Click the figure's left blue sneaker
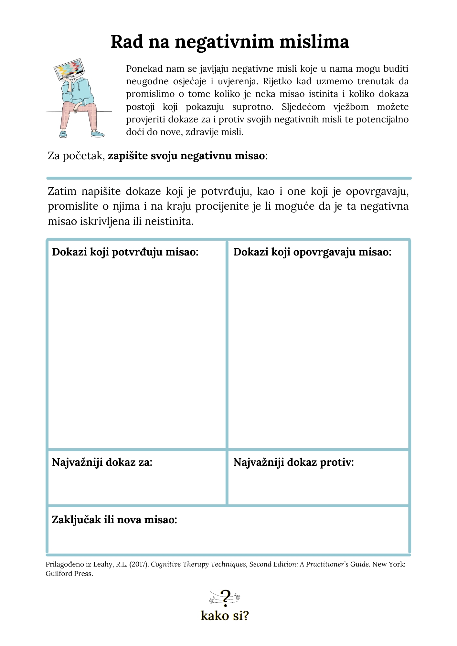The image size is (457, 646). click(x=63, y=134)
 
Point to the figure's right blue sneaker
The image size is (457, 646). click(x=98, y=133)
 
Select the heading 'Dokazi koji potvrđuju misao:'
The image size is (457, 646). click(x=125, y=252)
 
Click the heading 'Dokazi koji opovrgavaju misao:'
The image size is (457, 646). click(x=312, y=252)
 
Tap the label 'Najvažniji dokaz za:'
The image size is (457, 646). click(x=102, y=462)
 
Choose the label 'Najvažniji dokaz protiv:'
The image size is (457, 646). click(x=293, y=462)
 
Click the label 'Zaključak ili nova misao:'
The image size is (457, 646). click(x=114, y=520)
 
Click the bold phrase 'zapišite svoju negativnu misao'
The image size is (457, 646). click(x=186, y=156)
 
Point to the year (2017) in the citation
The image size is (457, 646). click(x=139, y=564)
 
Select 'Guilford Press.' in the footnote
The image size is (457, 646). click(x=69, y=574)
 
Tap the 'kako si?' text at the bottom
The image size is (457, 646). click(x=225, y=616)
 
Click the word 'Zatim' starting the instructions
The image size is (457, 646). click(x=62, y=191)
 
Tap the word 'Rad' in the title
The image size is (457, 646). click(x=127, y=42)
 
